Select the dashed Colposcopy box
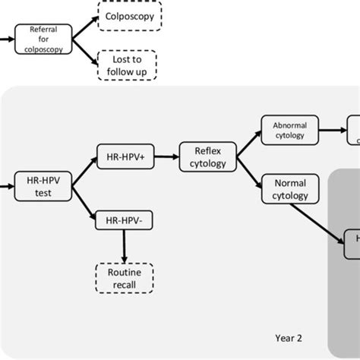point(129,16)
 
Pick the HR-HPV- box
point(123,221)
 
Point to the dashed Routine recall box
point(125,277)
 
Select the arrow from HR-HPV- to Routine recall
point(123,246)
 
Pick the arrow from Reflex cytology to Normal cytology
point(248,170)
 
